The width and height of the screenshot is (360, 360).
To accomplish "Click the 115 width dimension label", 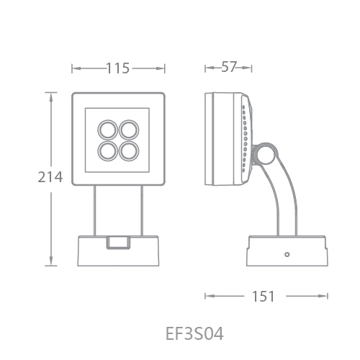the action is tap(117, 68).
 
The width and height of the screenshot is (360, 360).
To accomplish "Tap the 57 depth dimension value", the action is tap(229, 67).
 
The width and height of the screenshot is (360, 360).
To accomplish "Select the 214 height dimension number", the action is tap(50, 177).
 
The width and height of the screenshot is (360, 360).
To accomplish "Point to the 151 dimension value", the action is tap(263, 297).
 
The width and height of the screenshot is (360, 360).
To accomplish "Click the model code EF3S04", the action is tap(194, 333).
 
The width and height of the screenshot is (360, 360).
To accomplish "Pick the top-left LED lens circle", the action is tap(107, 130).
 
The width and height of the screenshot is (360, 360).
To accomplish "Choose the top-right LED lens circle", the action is tap(129, 130).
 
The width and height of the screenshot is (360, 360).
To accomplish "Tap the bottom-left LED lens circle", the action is tap(107, 151).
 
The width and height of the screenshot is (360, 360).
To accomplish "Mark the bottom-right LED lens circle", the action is tap(129, 151).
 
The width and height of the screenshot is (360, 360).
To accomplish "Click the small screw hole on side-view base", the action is tap(287, 254).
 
